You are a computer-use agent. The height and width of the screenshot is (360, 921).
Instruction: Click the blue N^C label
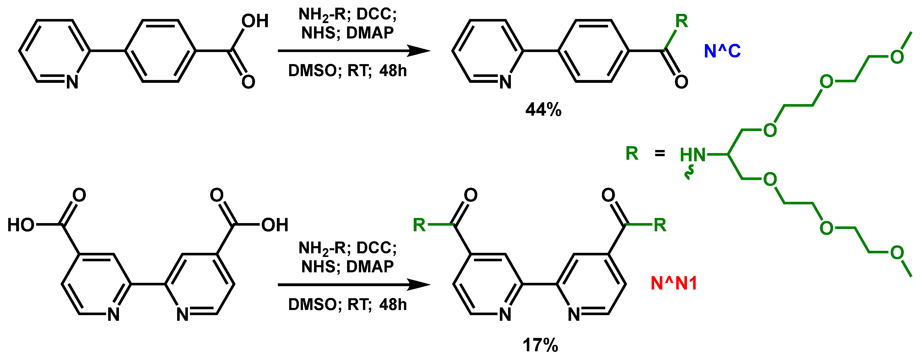(x=722, y=51)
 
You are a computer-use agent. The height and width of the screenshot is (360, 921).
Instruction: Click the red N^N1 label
(x=674, y=284)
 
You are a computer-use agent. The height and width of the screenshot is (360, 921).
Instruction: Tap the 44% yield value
(x=543, y=110)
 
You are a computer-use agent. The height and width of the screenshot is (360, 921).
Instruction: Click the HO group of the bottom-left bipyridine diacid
(x=21, y=225)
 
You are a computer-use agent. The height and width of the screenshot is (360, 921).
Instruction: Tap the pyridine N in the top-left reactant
(x=72, y=82)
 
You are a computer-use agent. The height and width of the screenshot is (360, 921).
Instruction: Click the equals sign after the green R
(x=660, y=154)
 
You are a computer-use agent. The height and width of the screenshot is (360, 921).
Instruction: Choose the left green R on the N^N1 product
(x=419, y=225)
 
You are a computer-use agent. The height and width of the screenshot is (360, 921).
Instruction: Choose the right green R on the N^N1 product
(x=660, y=225)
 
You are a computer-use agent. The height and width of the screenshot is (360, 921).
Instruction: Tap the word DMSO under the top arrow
(x=312, y=71)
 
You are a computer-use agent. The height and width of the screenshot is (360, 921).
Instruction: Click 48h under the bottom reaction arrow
(x=393, y=305)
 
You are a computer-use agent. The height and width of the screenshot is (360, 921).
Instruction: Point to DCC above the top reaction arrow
(x=376, y=14)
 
